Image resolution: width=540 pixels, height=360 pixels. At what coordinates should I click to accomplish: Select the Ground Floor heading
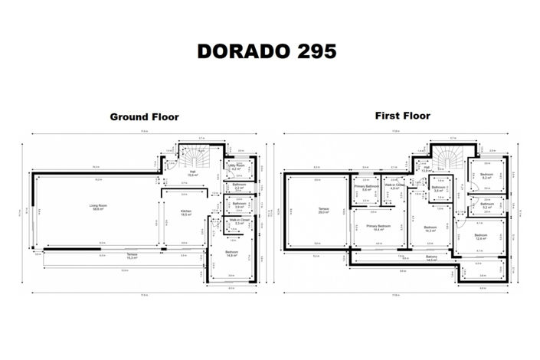pyautogui.click(x=144, y=117)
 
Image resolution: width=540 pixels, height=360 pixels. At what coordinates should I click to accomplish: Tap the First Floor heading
pyautogui.click(x=402, y=116)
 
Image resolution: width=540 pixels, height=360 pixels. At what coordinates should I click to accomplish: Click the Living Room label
pyautogui.click(x=98, y=207)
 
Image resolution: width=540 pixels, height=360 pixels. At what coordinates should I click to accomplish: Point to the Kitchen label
pyautogui.click(x=185, y=212)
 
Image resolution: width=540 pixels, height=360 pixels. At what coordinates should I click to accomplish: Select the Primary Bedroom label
pyautogui.click(x=378, y=228)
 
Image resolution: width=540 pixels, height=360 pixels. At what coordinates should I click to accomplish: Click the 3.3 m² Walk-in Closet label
pyautogui.click(x=237, y=222)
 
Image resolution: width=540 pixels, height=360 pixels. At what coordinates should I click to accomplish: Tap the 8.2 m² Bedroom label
pyautogui.click(x=487, y=175)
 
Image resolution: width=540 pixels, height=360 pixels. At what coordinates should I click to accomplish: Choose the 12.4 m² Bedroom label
pyautogui.click(x=480, y=237)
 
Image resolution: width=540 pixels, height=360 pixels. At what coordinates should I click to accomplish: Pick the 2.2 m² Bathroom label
pyautogui.click(x=237, y=188)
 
